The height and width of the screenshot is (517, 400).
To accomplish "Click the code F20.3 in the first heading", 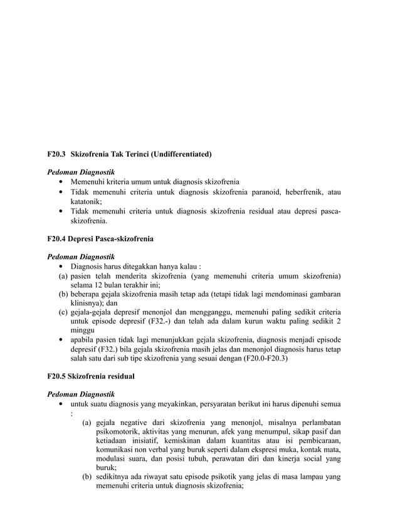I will point(57,153).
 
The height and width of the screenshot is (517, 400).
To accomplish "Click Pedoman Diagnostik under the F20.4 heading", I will point(81,257).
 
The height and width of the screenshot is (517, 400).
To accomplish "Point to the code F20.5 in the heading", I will point(57,377).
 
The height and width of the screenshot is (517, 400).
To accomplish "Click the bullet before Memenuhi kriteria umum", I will point(61,182).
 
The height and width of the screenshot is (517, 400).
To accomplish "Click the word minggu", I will point(83,330).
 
